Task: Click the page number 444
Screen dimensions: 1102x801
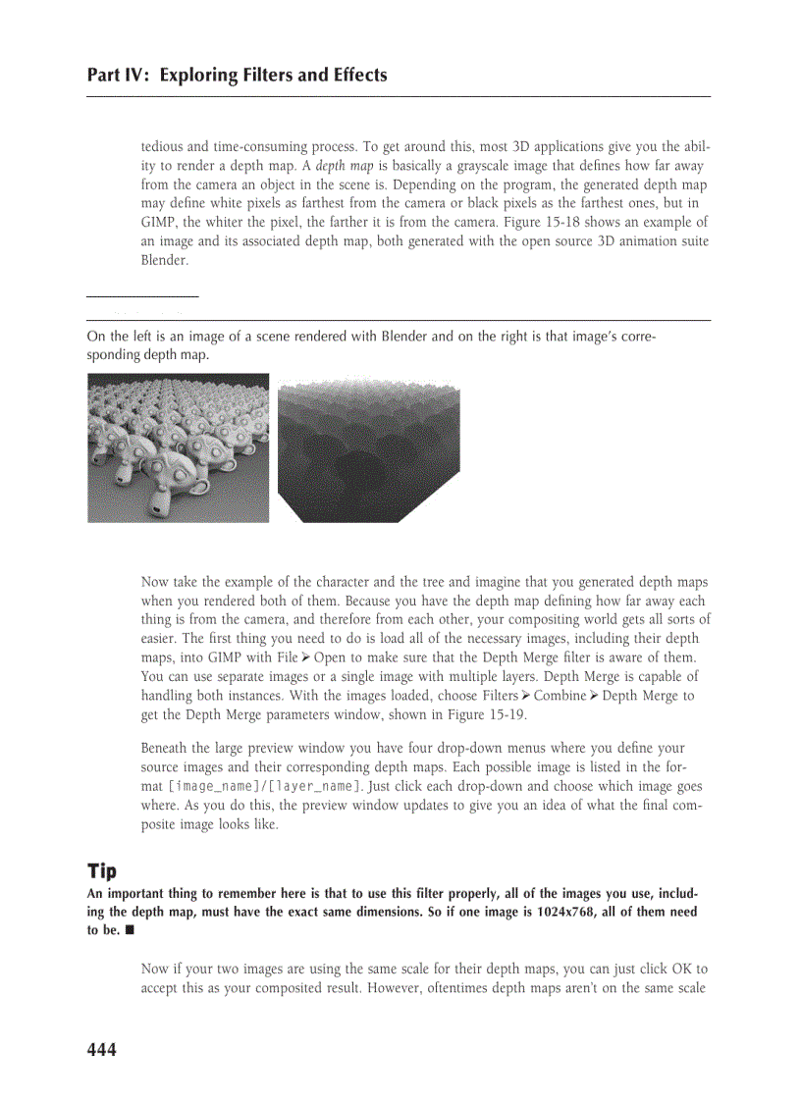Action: click(x=101, y=1050)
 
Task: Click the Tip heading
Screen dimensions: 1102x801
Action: click(x=101, y=871)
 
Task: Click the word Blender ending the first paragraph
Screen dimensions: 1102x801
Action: click(x=163, y=261)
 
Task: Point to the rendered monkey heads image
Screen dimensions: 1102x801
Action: click(x=178, y=447)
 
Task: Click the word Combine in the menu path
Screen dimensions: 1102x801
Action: click(x=559, y=696)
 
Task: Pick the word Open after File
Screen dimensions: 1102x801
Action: click(x=329, y=657)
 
